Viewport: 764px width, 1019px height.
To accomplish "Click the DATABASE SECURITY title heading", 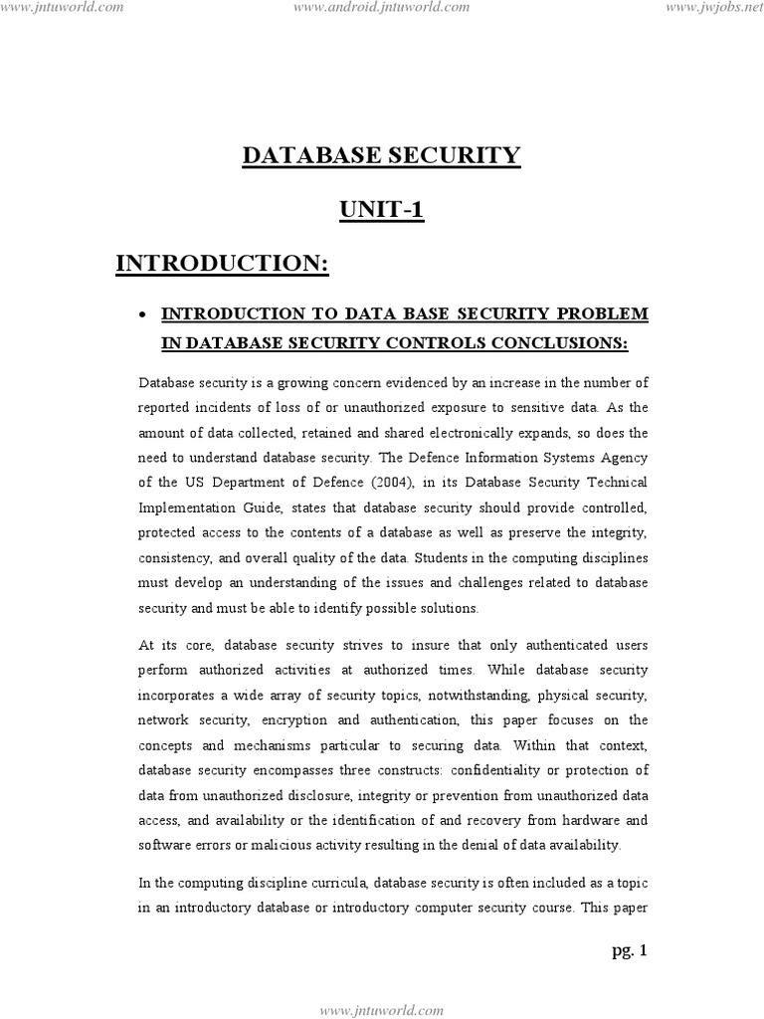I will pyautogui.click(x=382, y=155).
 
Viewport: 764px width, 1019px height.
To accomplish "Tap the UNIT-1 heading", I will pyautogui.click(x=382, y=211).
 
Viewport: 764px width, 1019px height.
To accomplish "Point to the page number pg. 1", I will pyautogui.click(x=629, y=951).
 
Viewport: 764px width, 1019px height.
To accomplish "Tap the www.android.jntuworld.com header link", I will pyautogui.click(x=382, y=8).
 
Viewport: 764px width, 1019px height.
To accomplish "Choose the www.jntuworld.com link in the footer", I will pyautogui.click(x=382, y=1010).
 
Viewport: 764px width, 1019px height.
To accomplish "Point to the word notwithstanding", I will pyautogui.click(x=454, y=694).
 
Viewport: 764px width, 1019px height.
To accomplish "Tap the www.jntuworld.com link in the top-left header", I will pyautogui.click(x=63, y=8).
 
